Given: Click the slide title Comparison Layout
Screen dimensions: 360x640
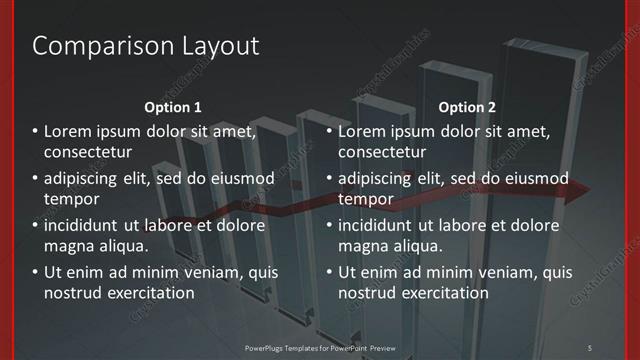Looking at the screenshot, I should tap(146, 46).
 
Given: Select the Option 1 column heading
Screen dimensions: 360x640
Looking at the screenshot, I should tap(173, 106).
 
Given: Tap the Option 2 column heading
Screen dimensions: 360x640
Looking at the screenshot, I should tap(467, 106).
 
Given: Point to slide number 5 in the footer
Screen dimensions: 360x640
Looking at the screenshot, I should tap(590, 346).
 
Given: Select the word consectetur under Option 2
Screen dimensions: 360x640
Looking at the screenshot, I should tap(382, 152).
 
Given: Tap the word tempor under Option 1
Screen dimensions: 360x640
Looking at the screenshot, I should tap(70, 199).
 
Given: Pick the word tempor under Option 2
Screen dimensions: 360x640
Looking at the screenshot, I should tap(364, 199).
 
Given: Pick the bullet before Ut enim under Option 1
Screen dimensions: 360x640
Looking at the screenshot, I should tap(34, 272).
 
